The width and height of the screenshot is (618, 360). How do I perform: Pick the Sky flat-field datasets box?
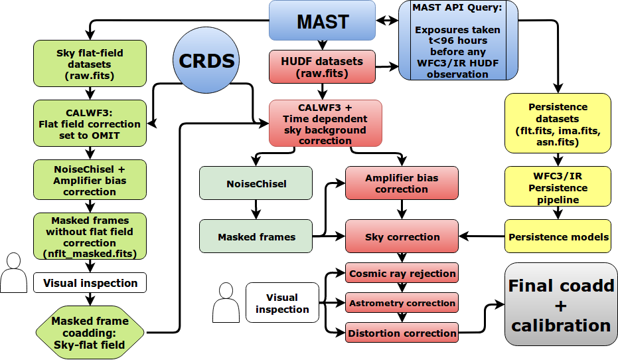[x=89, y=63]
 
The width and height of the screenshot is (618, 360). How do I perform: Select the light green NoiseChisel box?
[x=256, y=184]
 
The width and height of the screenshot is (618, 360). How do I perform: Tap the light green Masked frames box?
[x=256, y=236]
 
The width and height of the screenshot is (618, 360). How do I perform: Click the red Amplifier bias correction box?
[x=401, y=184]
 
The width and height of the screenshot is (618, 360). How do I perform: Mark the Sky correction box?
[x=401, y=236]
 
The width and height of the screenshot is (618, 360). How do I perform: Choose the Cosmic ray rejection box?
[x=402, y=273]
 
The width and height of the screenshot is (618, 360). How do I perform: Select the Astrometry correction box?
[x=402, y=303]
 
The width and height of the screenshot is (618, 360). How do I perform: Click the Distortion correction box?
[x=402, y=333]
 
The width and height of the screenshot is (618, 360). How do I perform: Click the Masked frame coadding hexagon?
[x=90, y=331]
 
